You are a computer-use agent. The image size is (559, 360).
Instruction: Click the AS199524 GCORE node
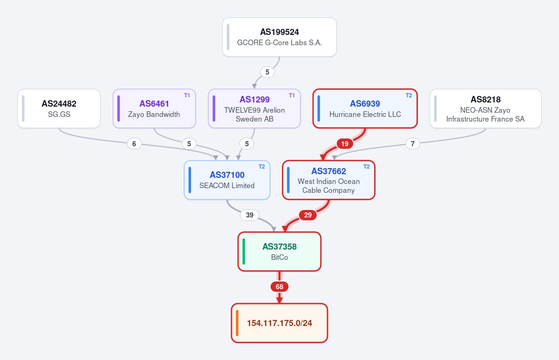pyautogui.click(x=279, y=37)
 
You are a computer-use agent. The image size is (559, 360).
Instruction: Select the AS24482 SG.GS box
pyautogui.click(x=59, y=109)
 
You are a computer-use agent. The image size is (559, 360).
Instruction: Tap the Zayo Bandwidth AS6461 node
pyautogui.click(x=154, y=109)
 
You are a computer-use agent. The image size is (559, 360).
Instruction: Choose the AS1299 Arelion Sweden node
pyautogui.click(x=254, y=109)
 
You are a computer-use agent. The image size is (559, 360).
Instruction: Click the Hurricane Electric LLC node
pyautogui.click(x=365, y=109)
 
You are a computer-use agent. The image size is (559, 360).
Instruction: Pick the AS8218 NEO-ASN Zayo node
pyautogui.click(x=485, y=109)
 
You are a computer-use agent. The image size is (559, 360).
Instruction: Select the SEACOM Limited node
pyautogui.click(x=227, y=180)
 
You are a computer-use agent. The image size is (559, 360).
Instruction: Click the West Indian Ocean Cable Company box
pyautogui.click(x=329, y=180)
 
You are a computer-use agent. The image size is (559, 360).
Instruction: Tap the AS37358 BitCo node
pyautogui.click(x=279, y=251)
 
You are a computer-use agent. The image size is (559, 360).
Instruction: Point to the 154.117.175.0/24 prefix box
pyautogui.click(x=279, y=323)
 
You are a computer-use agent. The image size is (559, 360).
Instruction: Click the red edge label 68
pyautogui.click(x=279, y=287)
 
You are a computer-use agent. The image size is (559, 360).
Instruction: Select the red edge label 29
pyautogui.click(x=308, y=215)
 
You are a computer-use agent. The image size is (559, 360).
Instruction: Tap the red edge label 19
pyautogui.click(x=345, y=144)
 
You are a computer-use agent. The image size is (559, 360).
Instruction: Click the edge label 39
pyautogui.click(x=250, y=215)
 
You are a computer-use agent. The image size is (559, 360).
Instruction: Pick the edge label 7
pyautogui.click(x=413, y=144)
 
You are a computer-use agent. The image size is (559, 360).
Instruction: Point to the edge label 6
pyautogui.click(x=134, y=144)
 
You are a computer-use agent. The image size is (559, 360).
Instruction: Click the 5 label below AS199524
pyautogui.click(x=267, y=72)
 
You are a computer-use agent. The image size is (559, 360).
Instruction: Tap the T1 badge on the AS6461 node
pyautogui.click(x=187, y=95)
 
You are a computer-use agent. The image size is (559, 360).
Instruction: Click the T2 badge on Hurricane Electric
pyautogui.click(x=409, y=95)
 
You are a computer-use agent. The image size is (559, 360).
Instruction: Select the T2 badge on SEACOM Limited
pyautogui.click(x=261, y=167)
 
